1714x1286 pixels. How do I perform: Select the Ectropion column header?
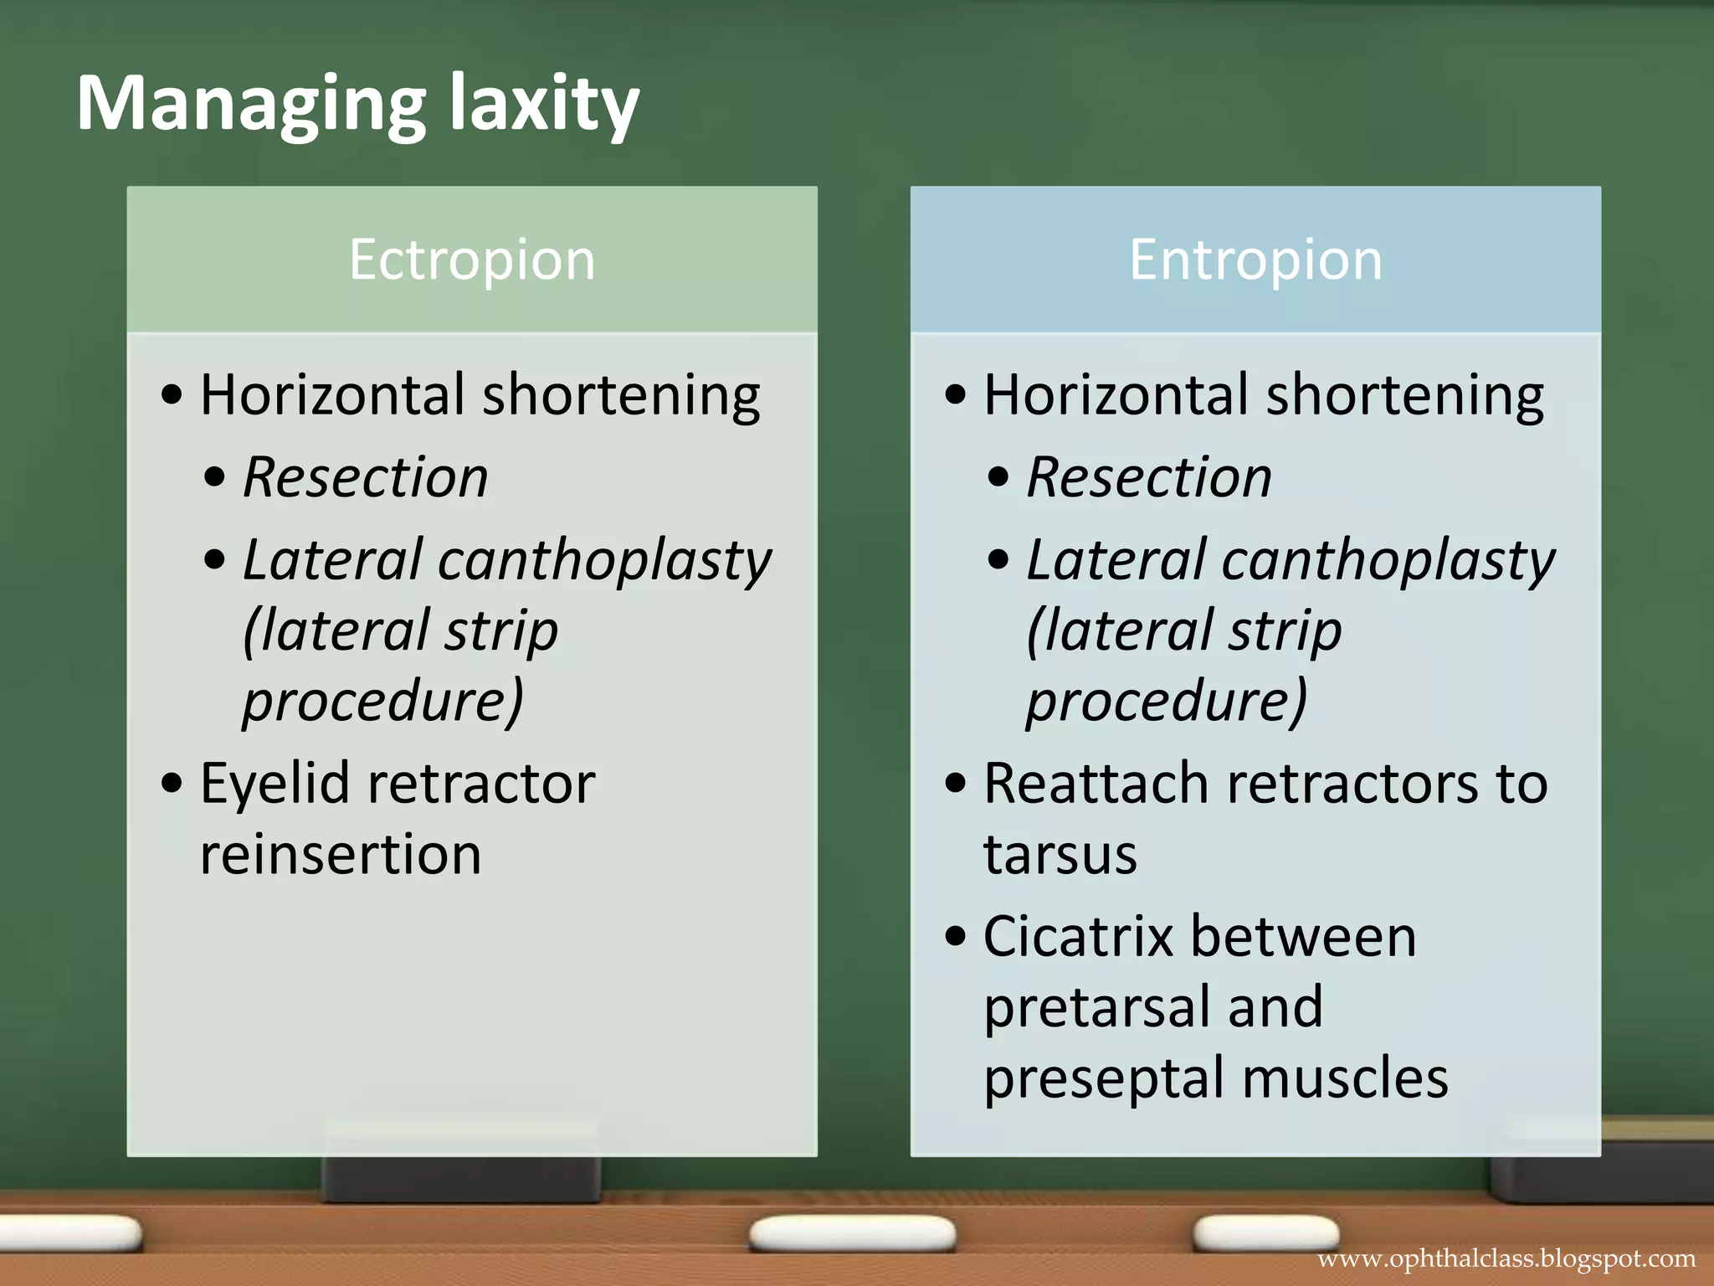[x=472, y=260]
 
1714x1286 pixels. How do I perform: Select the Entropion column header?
[x=1255, y=260]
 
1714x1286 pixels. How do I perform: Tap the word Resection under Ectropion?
[x=366, y=477]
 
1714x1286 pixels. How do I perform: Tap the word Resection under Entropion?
[x=1149, y=477]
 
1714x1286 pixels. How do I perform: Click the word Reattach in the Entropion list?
[x=1096, y=784]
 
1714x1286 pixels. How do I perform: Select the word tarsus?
[x=1060, y=856]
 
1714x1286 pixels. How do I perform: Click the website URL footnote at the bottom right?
[x=1506, y=1259]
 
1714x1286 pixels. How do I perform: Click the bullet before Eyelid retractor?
[x=172, y=784]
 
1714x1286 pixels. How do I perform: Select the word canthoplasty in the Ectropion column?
[x=604, y=560]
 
